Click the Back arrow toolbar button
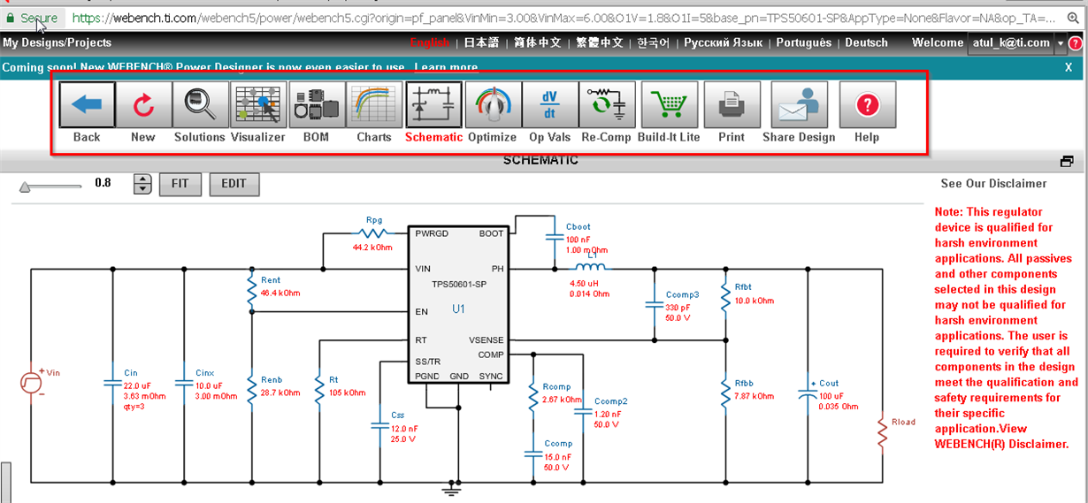pyautogui.click(x=87, y=106)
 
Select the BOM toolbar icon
pyautogui.click(x=316, y=106)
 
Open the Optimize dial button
pyautogui.click(x=492, y=106)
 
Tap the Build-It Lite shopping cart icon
pyautogui.click(x=669, y=106)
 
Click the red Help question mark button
pyautogui.click(x=867, y=106)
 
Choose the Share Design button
pyautogui.click(x=799, y=106)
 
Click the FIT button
pyautogui.click(x=180, y=184)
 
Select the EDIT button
pyautogui.click(x=234, y=184)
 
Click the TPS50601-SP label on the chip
pyautogui.click(x=457, y=285)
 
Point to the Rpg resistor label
pyautogui.click(x=374, y=220)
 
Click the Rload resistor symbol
pyautogui.click(x=882, y=434)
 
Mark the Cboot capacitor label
pyautogui.click(x=578, y=227)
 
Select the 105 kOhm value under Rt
pyautogui.click(x=347, y=392)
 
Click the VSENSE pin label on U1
pyautogui.click(x=487, y=339)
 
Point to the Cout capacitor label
pyautogui.click(x=829, y=384)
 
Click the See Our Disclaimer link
pyautogui.click(x=993, y=184)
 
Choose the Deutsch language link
pyautogui.click(x=866, y=42)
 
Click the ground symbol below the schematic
pyautogui.click(x=453, y=487)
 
